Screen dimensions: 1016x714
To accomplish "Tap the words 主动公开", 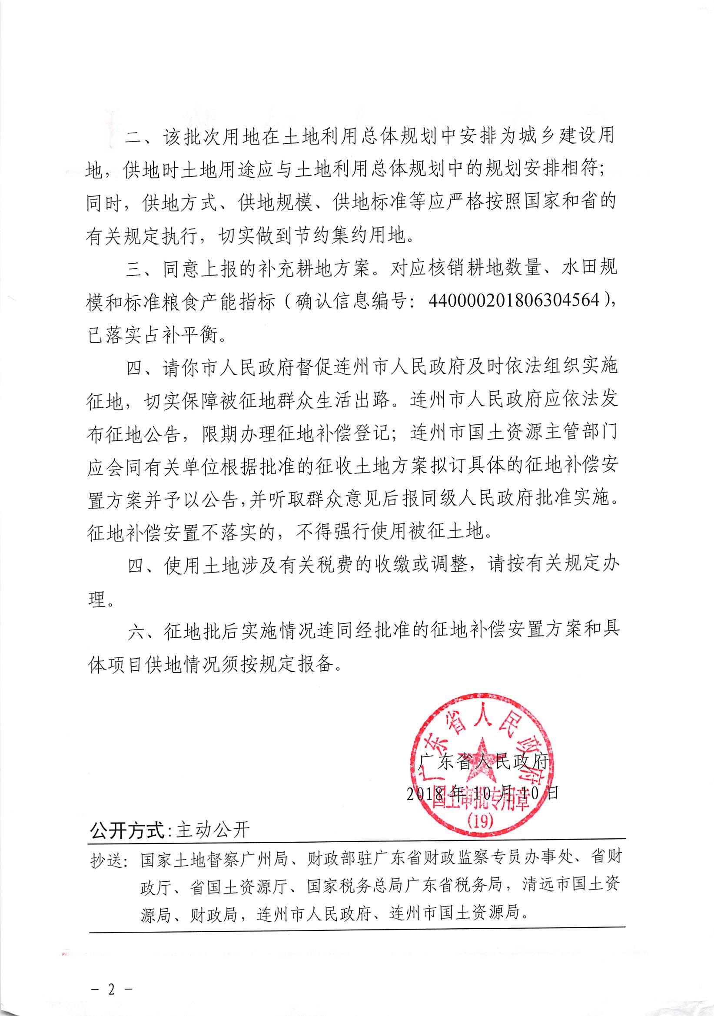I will coord(213,831).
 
